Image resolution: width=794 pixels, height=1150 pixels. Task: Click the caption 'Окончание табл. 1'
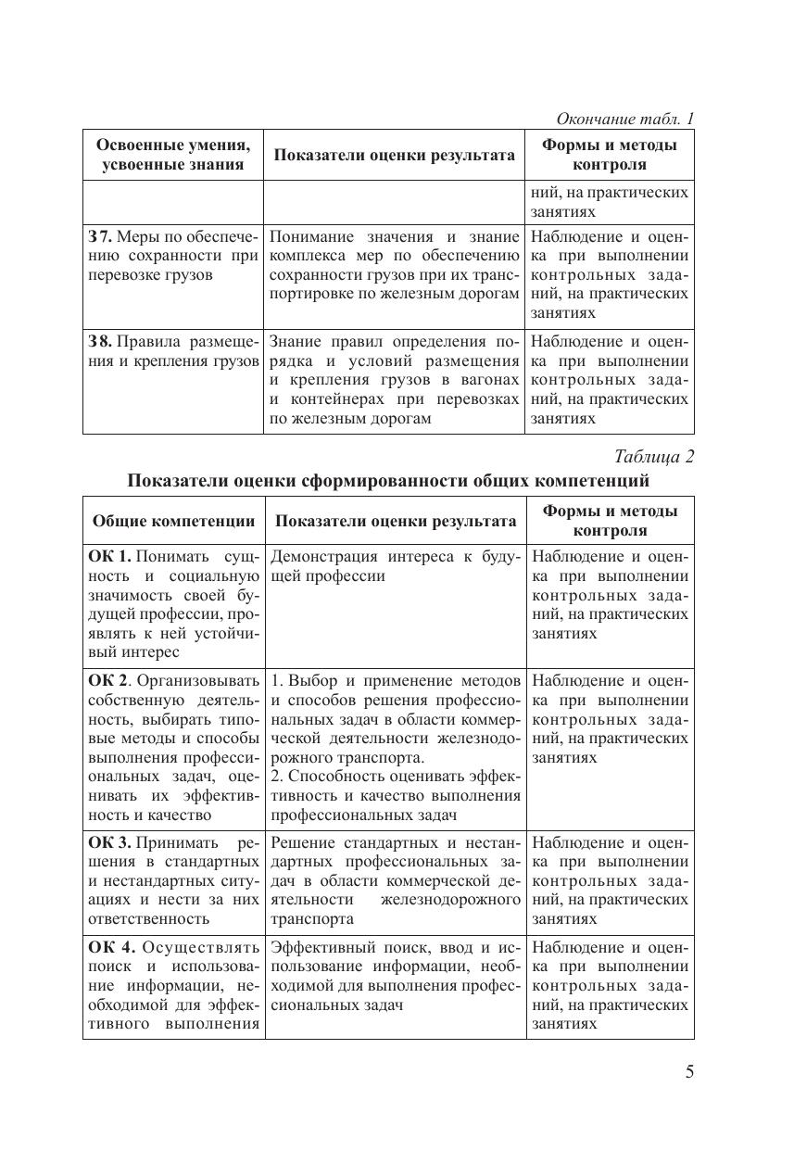tap(624, 119)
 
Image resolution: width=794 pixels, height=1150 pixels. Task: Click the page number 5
tap(688, 1072)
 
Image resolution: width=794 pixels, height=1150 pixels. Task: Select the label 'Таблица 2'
tap(654, 456)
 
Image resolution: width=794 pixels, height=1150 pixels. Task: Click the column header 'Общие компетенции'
tap(173, 521)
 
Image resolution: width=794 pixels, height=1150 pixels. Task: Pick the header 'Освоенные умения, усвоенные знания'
tap(173, 155)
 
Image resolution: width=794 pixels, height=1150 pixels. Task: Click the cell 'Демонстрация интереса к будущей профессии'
tap(396, 566)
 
